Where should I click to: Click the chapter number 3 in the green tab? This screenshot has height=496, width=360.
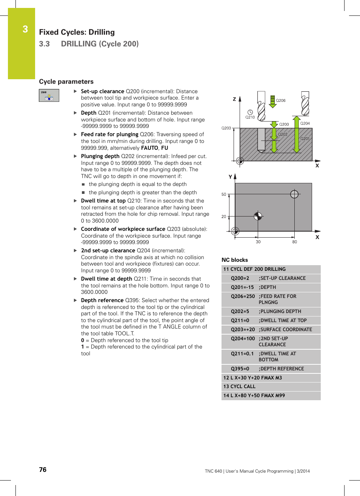[25, 29]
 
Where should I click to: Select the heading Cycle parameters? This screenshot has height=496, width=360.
[66, 82]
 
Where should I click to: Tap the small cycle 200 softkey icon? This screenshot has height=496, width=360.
[49, 95]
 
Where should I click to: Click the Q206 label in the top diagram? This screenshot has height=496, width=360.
[280, 101]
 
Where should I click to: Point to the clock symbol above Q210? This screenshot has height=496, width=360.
[250, 112]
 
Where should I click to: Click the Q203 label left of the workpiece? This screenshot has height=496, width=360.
[226, 128]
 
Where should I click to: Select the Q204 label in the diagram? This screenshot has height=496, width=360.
[305, 123]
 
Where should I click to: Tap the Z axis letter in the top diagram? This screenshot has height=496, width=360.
[234, 99]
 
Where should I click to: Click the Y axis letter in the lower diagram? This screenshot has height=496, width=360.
[230, 177]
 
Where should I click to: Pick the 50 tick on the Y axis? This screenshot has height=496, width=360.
[224, 195]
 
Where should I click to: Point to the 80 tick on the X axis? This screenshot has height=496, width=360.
[294, 242]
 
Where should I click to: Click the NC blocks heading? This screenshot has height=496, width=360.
[235, 260]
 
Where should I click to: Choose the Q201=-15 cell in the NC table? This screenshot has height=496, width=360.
[242, 287]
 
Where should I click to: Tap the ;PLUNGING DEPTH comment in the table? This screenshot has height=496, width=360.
[280, 312]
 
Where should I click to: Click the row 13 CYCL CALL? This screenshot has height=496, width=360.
[239, 387]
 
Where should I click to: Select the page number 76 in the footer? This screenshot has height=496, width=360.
[43, 470]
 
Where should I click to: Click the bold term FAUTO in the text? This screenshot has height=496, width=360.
[149, 148]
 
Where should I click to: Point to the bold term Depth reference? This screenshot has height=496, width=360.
[102, 301]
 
